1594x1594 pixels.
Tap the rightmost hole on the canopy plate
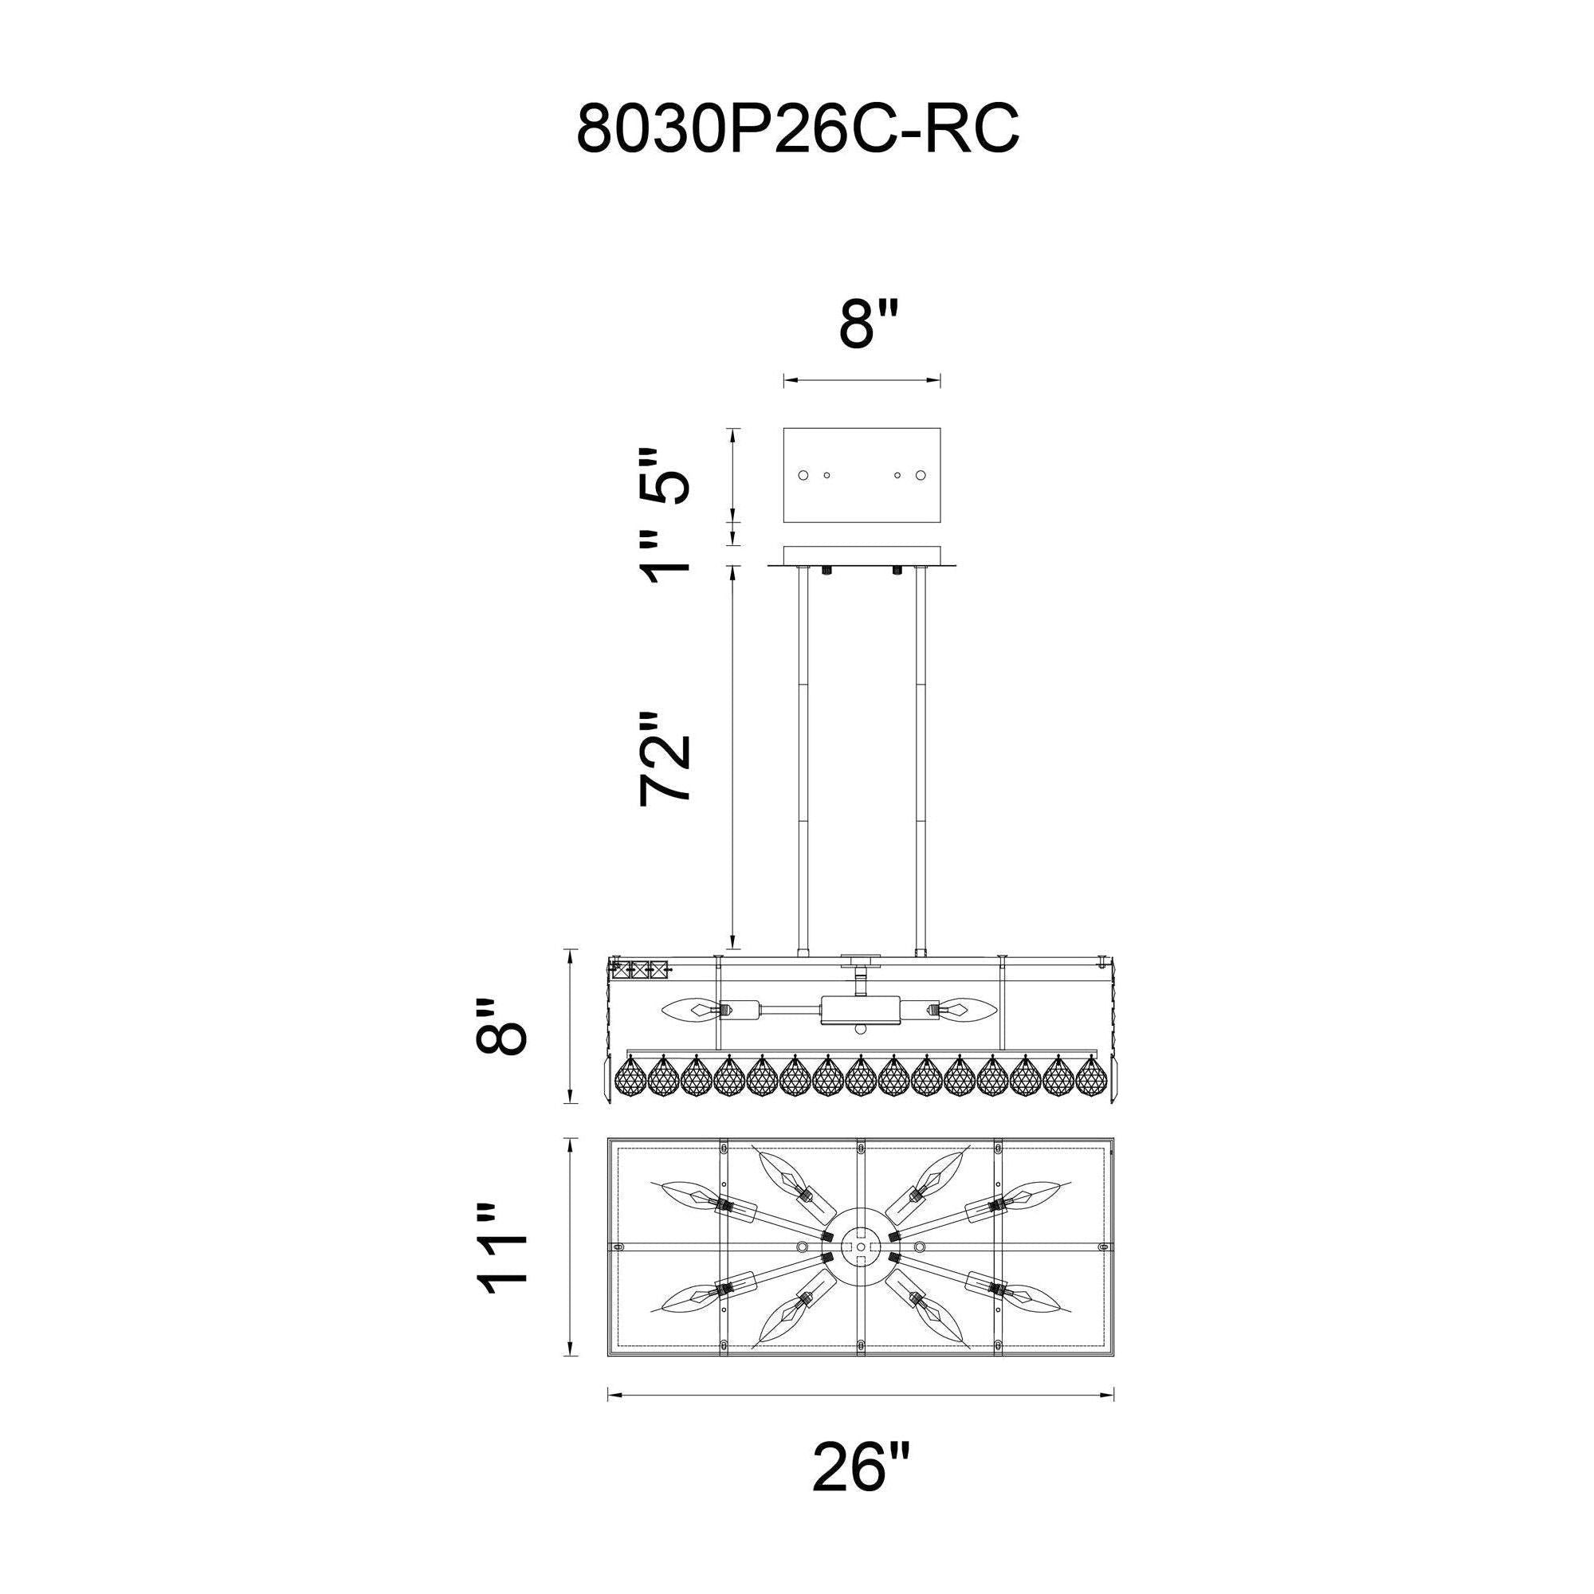click(921, 475)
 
